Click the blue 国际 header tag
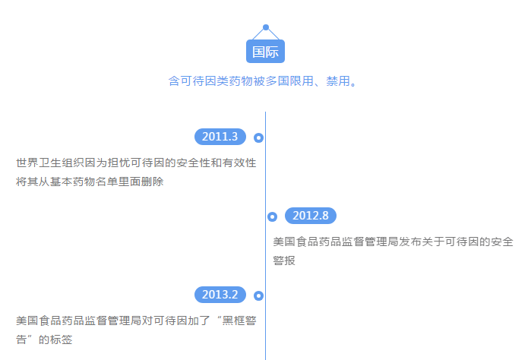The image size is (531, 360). tap(266, 52)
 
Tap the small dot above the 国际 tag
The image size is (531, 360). tap(266, 27)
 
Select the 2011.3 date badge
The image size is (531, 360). tap(220, 137)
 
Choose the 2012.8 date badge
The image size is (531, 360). tap(310, 216)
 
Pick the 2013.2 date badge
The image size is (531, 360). tap(220, 295)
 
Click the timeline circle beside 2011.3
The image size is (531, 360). tap(258, 137)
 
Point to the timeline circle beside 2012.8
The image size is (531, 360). tap(272, 216)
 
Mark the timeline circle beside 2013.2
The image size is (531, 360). tap(258, 295)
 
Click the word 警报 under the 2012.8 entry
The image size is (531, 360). tap(284, 261)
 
